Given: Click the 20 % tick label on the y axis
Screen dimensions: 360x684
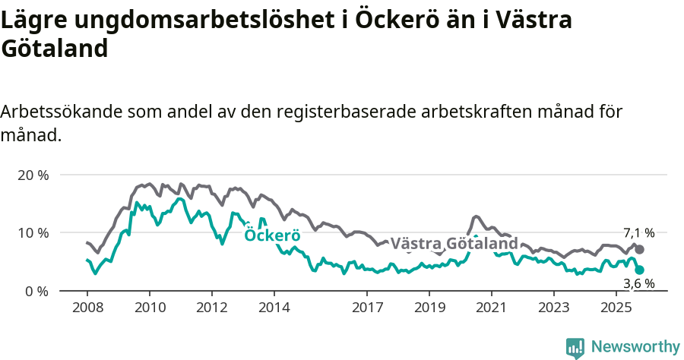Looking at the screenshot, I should [33, 175].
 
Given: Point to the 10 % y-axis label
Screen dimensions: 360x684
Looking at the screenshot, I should [33, 232].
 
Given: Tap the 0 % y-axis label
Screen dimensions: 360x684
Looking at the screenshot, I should [36, 291].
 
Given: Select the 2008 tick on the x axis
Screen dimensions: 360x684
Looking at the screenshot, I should [87, 308].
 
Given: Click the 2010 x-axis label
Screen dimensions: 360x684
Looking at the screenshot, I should [150, 308].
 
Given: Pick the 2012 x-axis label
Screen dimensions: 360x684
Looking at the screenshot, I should [212, 308].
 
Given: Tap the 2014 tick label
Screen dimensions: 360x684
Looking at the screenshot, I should [274, 308].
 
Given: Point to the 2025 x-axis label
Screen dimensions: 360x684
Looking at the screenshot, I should [616, 308].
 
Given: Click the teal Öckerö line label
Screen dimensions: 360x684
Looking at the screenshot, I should [272, 235].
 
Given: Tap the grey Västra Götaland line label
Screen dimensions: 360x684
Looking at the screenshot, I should [454, 244].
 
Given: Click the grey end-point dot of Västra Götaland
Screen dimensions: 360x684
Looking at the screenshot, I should [640, 250].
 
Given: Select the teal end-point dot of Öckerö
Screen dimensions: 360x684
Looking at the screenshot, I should [640, 270].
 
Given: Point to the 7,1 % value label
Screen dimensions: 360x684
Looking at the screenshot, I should [638, 233].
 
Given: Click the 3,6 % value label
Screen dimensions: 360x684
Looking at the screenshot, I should [638, 284].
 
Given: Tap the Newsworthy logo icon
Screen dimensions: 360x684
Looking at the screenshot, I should [575, 347].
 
